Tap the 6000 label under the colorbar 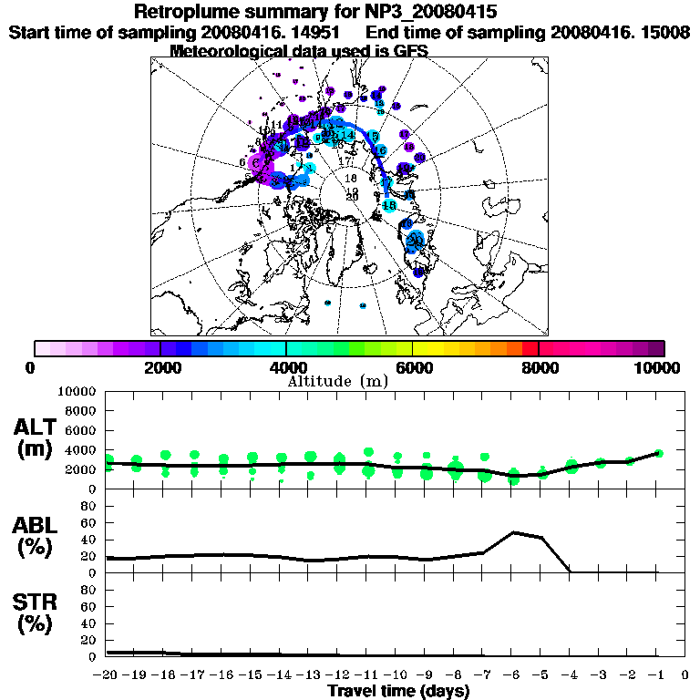(x=413, y=367)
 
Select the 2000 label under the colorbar (x=160, y=367)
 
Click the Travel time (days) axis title (x=398, y=691)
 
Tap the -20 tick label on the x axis (x=107, y=675)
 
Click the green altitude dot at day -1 (x=659, y=453)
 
